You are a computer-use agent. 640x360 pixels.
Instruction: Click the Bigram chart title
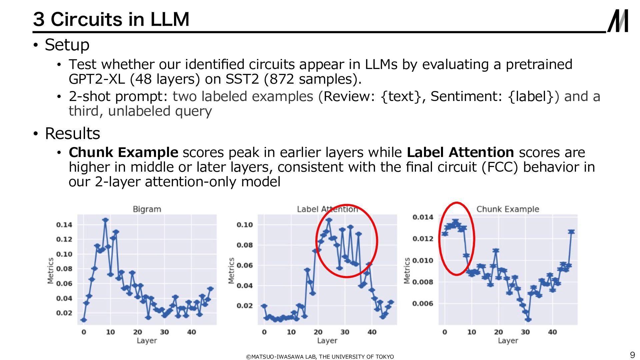tap(147, 209)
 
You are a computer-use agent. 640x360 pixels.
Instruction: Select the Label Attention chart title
tap(327, 209)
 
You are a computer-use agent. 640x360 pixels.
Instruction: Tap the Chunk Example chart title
tap(507, 209)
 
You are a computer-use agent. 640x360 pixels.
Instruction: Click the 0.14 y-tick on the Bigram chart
tap(64, 225)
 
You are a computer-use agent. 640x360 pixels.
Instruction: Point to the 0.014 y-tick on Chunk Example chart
tap(423, 217)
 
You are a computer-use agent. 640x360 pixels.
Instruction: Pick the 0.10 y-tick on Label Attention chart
tap(245, 225)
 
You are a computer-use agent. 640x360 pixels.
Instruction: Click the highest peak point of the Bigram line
tap(105, 220)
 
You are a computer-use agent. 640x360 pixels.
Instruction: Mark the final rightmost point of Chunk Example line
tap(571, 232)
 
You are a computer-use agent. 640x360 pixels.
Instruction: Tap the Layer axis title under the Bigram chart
tap(147, 341)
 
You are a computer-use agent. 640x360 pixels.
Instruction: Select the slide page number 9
tap(632, 355)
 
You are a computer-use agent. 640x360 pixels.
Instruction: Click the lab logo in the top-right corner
tap(618, 21)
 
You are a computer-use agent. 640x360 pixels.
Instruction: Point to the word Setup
tap(67, 45)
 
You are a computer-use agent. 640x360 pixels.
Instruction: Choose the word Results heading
tap(72, 134)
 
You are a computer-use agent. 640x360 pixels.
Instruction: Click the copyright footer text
tap(320, 357)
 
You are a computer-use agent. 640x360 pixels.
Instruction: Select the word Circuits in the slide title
tap(87, 19)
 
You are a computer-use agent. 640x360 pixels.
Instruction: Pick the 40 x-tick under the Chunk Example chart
tap(552, 332)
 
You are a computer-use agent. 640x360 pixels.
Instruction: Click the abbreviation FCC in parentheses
tap(500, 167)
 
